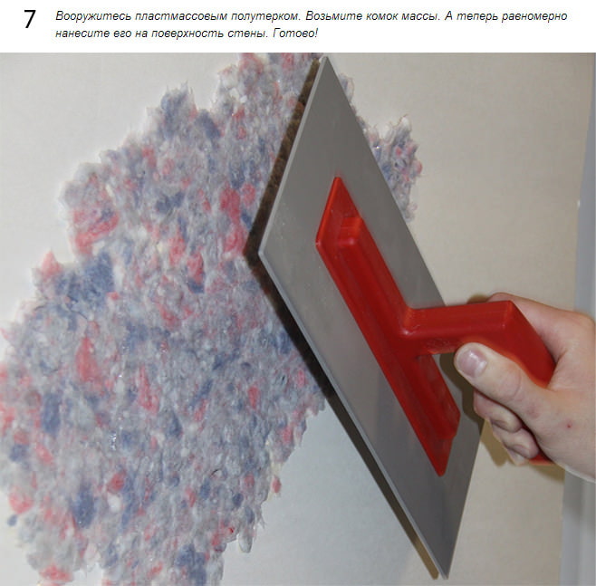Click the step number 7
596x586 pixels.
tap(29, 19)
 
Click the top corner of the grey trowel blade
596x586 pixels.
tap(325, 58)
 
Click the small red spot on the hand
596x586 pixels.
tap(569, 426)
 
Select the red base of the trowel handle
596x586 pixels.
tap(384, 319)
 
